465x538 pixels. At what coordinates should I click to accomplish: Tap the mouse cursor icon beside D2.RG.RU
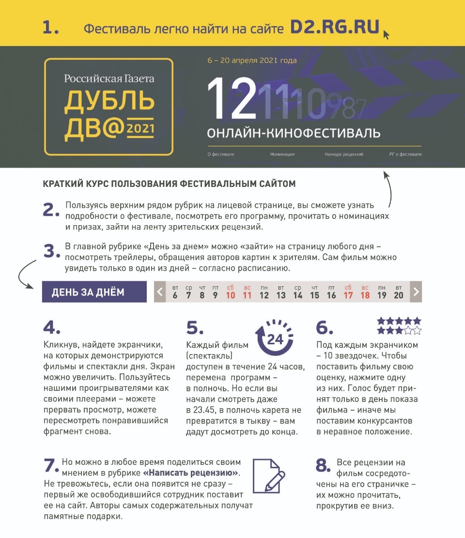pos(386,35)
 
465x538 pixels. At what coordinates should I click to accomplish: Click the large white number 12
pos(232,99)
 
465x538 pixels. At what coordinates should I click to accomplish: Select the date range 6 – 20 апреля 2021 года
pos(252,61)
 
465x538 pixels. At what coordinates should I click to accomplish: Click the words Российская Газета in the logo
pos(109,78)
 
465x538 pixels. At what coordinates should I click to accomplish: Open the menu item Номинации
pos(282,154)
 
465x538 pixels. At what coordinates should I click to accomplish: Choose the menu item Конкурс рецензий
pos(344,154)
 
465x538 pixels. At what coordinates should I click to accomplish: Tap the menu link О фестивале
pos(221,154)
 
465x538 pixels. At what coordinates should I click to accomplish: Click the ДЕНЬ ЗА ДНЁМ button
pos(94,292)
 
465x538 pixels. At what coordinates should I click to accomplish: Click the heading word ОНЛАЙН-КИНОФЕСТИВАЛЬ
pos(294,133)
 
